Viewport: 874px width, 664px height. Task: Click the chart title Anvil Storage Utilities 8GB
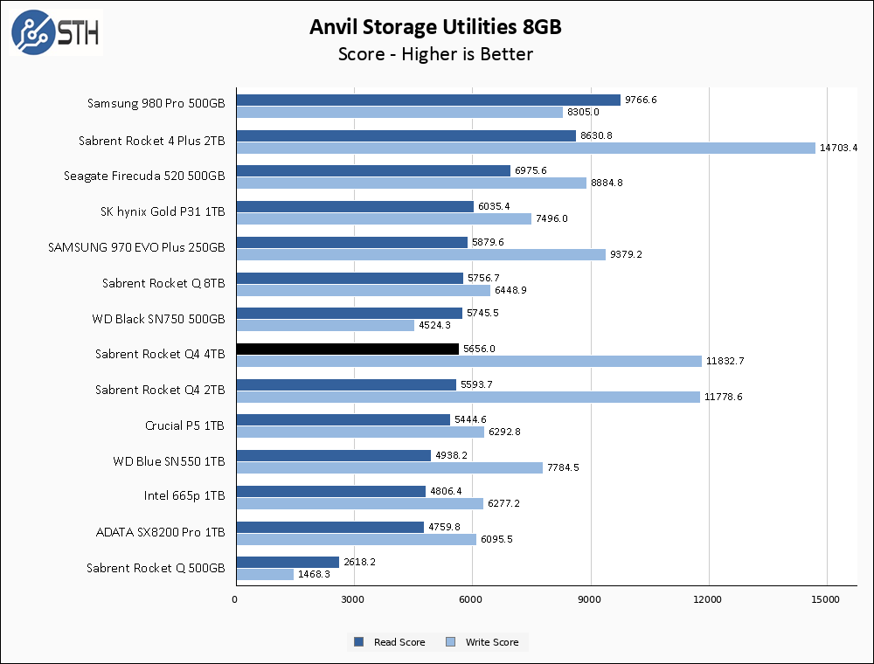[x=435, y=27]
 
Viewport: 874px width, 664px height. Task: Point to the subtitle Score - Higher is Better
[x=435, y=54]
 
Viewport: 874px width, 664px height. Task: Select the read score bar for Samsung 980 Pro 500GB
[x=428, y=100]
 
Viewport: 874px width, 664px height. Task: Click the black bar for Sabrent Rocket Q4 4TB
[x=347, y=349]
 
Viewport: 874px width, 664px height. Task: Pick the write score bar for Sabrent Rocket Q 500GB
[x=265, y=574]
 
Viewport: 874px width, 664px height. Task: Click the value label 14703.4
[x=838, y=148]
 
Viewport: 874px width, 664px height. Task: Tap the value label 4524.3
[x=434, y=325]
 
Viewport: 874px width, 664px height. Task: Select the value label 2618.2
[x=359, y=562]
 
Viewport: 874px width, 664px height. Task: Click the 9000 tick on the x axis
[x=590, y=599]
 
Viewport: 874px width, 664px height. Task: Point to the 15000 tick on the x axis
[x=826, y=599]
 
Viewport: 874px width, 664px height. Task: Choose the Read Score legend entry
[x=390, y=642]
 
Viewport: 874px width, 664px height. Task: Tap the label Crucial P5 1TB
[x=184, y=425]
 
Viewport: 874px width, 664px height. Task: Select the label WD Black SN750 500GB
[x=158, y=319]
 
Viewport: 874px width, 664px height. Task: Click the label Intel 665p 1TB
[x=184, y=496]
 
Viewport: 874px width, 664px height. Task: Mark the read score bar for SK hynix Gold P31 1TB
[x=355, y=206]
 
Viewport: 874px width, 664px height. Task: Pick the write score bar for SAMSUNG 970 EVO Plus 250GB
[x=420, y=254]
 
